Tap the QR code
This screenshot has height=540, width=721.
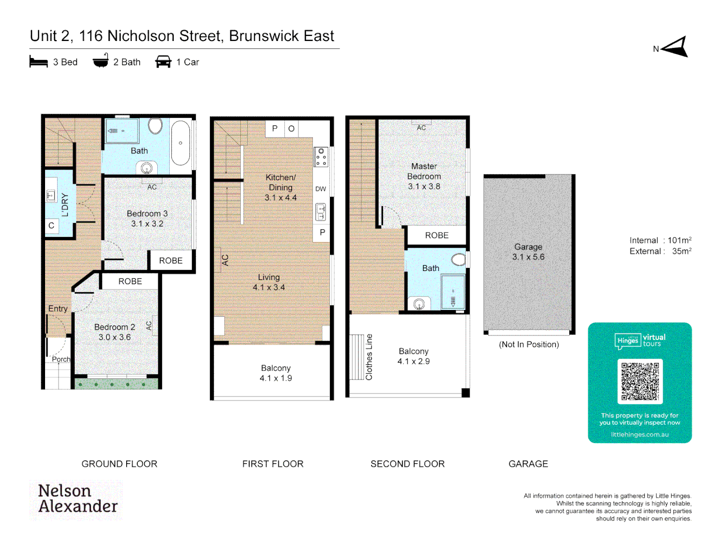[x=640, y=381]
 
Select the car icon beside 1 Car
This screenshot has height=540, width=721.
[x=163, y=61]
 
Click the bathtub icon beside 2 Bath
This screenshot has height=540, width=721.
[x=101, y=61]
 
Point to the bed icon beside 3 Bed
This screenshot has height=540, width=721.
[x=39, y=61]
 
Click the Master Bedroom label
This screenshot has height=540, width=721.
[x=424, y=171]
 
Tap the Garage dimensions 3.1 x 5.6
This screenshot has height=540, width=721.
[x=528, y=257]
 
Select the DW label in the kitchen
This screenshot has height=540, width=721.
[x=320, y=189]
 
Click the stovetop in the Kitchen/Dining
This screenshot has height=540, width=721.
[x=321, y=157]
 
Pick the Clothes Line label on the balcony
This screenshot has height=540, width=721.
[x=369, y=357]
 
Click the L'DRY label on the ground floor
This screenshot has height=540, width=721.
[x=65, y=204]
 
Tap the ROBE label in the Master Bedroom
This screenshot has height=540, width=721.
[x=437, y=235]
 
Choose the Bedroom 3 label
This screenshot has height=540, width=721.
[x=147, y=213]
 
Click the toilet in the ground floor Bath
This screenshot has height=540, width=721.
[x=155, y=126]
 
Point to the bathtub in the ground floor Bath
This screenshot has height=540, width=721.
[x=180, y=143]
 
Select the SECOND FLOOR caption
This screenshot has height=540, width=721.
[x=408, y=464]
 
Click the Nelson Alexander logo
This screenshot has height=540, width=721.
[x=78, y=499]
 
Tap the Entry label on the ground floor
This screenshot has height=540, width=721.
[x=58, y=308]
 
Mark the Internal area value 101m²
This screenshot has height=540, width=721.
[x=679, y=240]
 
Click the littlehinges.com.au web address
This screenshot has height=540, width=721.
[x=639, y=434]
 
